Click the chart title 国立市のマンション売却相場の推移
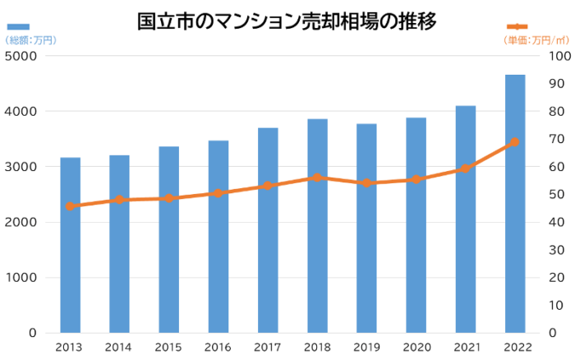[287, 20]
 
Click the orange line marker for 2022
[515, 142]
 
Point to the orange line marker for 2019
[367, 182]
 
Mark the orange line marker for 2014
[120, 200]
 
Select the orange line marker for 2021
[466, 168]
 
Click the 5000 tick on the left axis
[22, 56]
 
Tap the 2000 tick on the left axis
[22, 222]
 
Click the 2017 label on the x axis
[268, 347]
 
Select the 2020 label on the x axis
[416, 347]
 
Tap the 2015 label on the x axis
[169, 347]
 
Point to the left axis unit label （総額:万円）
[30, 39]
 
